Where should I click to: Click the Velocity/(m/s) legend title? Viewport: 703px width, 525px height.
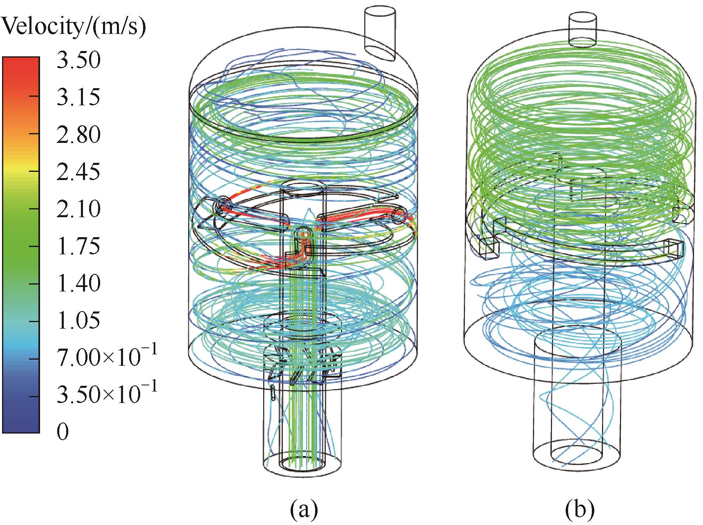point(74,28)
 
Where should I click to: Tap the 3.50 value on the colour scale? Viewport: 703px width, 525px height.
point(78,61)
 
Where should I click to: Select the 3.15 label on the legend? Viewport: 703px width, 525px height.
point(78,98)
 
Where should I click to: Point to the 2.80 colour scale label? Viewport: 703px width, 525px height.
point(78,135)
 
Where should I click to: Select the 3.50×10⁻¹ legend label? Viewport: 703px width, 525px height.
point(107,394)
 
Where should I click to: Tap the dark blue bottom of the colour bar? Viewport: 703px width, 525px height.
point(21,416)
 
